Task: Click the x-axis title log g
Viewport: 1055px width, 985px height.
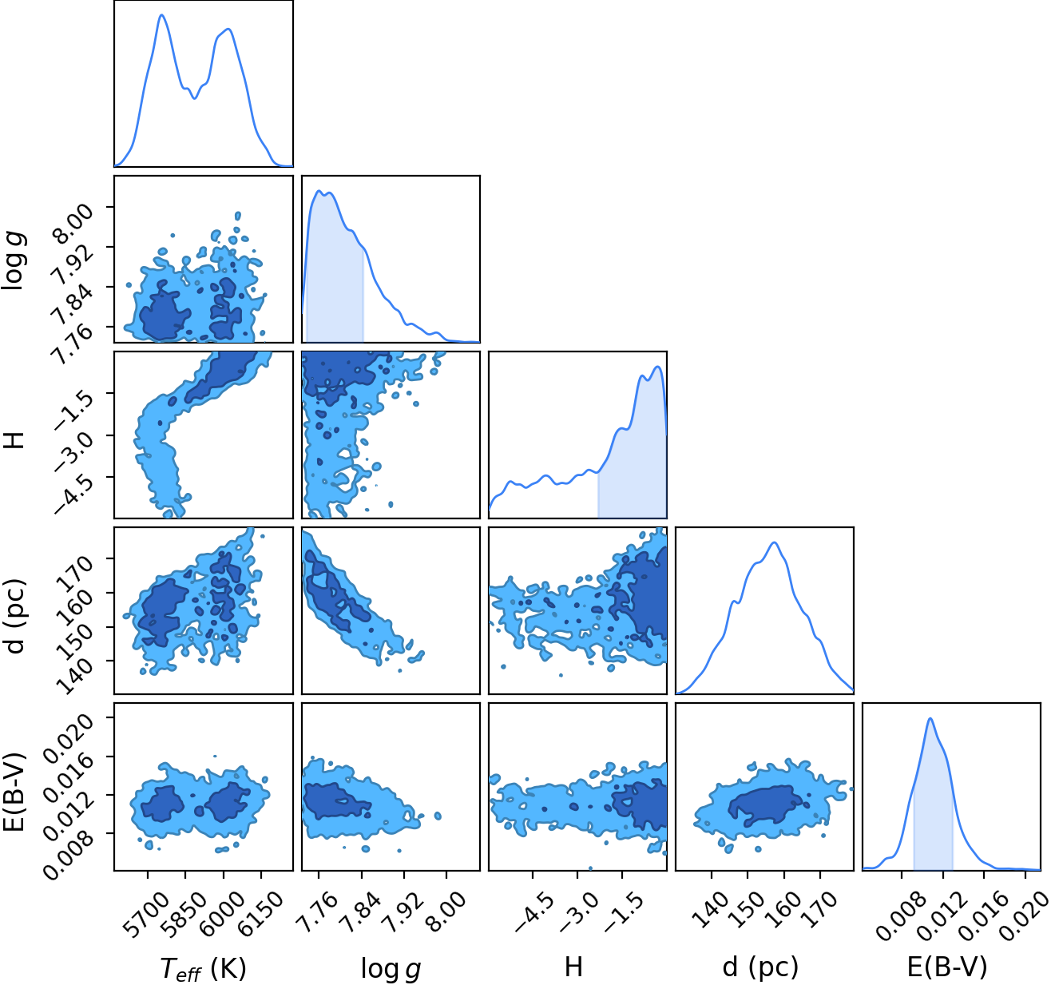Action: [391, 967]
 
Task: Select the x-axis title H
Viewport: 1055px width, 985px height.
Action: [573, 966]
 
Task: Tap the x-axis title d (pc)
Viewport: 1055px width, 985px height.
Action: [761, 967]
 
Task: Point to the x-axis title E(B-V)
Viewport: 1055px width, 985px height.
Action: [947, 967]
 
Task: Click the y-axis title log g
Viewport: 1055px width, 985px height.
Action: [14, 260]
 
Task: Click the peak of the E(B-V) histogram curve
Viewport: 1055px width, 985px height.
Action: [930, 719]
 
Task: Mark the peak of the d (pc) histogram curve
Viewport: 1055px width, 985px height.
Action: [775, 542]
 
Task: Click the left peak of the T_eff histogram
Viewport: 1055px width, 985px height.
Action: [162, 15]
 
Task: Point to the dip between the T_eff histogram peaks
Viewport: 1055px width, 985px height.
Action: [195, 98]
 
